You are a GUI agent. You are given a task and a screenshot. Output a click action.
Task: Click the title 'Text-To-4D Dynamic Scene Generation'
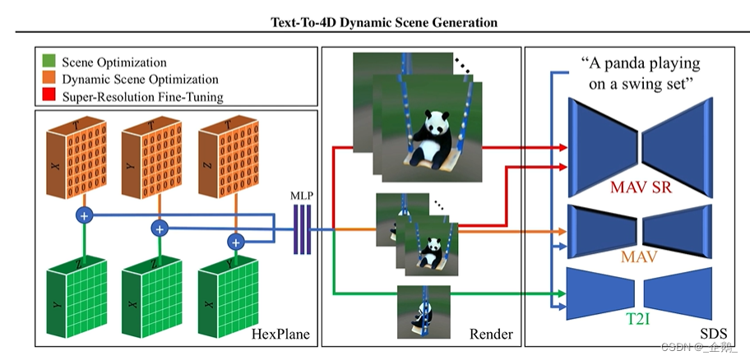[x=384, y=22]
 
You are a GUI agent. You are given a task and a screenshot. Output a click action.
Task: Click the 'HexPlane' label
[x=280, y=333]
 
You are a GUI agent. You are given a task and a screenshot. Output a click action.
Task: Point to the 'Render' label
[x=490, y=333]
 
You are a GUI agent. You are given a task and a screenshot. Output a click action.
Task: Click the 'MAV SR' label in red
[x=640, y=187]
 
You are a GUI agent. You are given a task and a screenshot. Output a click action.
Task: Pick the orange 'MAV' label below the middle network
[x=640, y=258]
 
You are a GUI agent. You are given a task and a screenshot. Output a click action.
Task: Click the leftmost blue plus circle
[x=84, y=215]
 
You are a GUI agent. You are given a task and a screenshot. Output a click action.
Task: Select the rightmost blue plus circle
[x=237, y=242]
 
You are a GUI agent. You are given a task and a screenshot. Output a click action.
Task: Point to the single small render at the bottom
[x=423, y=311]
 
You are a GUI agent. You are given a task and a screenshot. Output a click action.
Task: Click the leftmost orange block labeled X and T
[x=69, y=156]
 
